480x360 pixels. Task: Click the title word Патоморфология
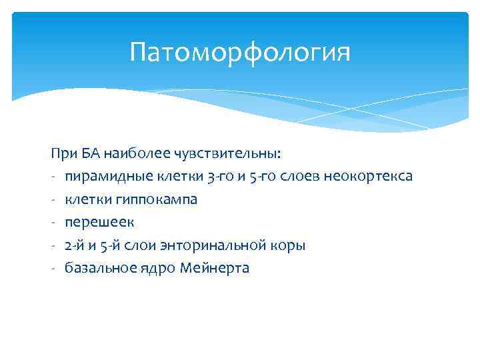pyautogui.click(x=240, y=52)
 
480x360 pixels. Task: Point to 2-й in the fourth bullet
pyautogui.click(x=74, y=245)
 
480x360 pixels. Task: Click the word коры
pyautogui.click(x=291, y=245)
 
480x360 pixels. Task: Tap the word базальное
pyautogui.click(x=95, y=268)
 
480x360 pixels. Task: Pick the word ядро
pyautogui.click(x=151, y=268)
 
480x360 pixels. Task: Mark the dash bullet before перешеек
pyautogui.click(x=52, y=223)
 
